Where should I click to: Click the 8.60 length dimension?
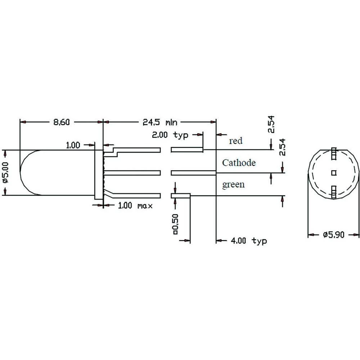[x=61, y=122]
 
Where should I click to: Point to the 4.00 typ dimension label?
[x=248, y=240]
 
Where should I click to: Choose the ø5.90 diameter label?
[x=334, y=235]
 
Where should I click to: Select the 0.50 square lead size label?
[x=175, y=224]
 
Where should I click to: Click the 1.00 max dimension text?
[x=135, y=206]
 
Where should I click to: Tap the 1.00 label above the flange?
[x=73, y=145]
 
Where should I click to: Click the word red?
[x=236, y=141]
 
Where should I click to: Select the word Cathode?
[x=239, y=163]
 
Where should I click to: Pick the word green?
[x=233, y=185]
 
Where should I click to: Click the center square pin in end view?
[x=333, y=173]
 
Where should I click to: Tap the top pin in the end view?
[x=333, y=154]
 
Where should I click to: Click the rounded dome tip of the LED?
[x=22, y=173]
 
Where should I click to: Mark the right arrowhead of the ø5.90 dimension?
[x=357, y=235]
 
